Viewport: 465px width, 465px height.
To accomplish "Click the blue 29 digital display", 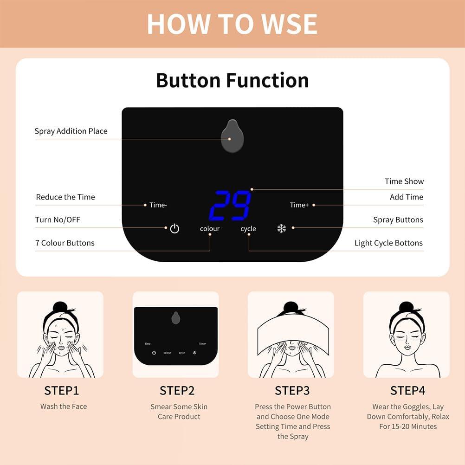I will coord(231,205).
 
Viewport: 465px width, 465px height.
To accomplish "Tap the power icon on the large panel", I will coord(174,228).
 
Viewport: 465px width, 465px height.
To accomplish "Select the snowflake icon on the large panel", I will coord(281,228).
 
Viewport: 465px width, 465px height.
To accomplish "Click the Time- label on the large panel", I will coord(158,205).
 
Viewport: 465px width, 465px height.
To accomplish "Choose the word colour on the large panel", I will coord(210,229).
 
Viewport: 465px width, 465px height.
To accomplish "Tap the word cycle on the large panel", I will coord(248,229).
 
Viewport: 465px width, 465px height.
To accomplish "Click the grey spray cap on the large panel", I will coord(232,136).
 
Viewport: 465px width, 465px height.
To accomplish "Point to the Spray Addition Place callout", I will coord(71,131).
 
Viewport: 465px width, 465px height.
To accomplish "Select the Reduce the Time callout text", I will coord(65,197).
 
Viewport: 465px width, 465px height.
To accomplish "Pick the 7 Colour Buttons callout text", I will coord(65,243).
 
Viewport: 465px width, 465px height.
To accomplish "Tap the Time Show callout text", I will coord(404,181).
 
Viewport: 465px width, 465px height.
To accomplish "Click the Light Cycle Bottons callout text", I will coord(388,243).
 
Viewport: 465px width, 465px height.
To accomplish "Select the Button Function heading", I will coord(232,80).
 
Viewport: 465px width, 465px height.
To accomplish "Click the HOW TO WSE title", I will coord(232,24).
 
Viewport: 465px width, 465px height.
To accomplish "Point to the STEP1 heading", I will coord(62,390).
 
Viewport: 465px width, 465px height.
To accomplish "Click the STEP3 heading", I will coord(292,390).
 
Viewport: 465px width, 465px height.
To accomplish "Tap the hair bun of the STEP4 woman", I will coord(406,307).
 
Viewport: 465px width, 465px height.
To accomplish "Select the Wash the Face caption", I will coord(64,407).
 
